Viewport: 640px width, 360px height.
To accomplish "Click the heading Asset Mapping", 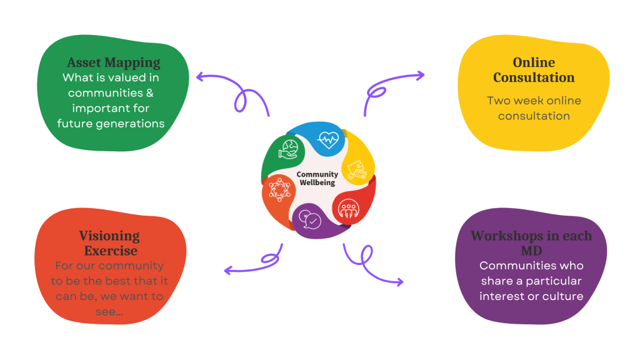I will click(113, 63).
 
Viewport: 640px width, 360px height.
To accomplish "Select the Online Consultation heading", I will click(534, 70).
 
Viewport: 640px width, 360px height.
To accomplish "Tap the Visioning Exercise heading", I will click(109, 243).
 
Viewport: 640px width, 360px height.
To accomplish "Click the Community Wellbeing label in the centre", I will click(317, 178).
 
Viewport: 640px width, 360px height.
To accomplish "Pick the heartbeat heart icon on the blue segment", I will click(327, 139).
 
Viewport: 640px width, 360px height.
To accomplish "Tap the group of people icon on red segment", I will click(349, 209).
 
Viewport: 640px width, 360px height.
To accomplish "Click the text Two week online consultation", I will click(534, 108).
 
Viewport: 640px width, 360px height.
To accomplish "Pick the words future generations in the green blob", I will click(111, 123).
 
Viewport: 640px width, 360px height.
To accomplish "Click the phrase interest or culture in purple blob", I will click(531, 296).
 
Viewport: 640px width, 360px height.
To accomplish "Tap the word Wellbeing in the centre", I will click(317, 182).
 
